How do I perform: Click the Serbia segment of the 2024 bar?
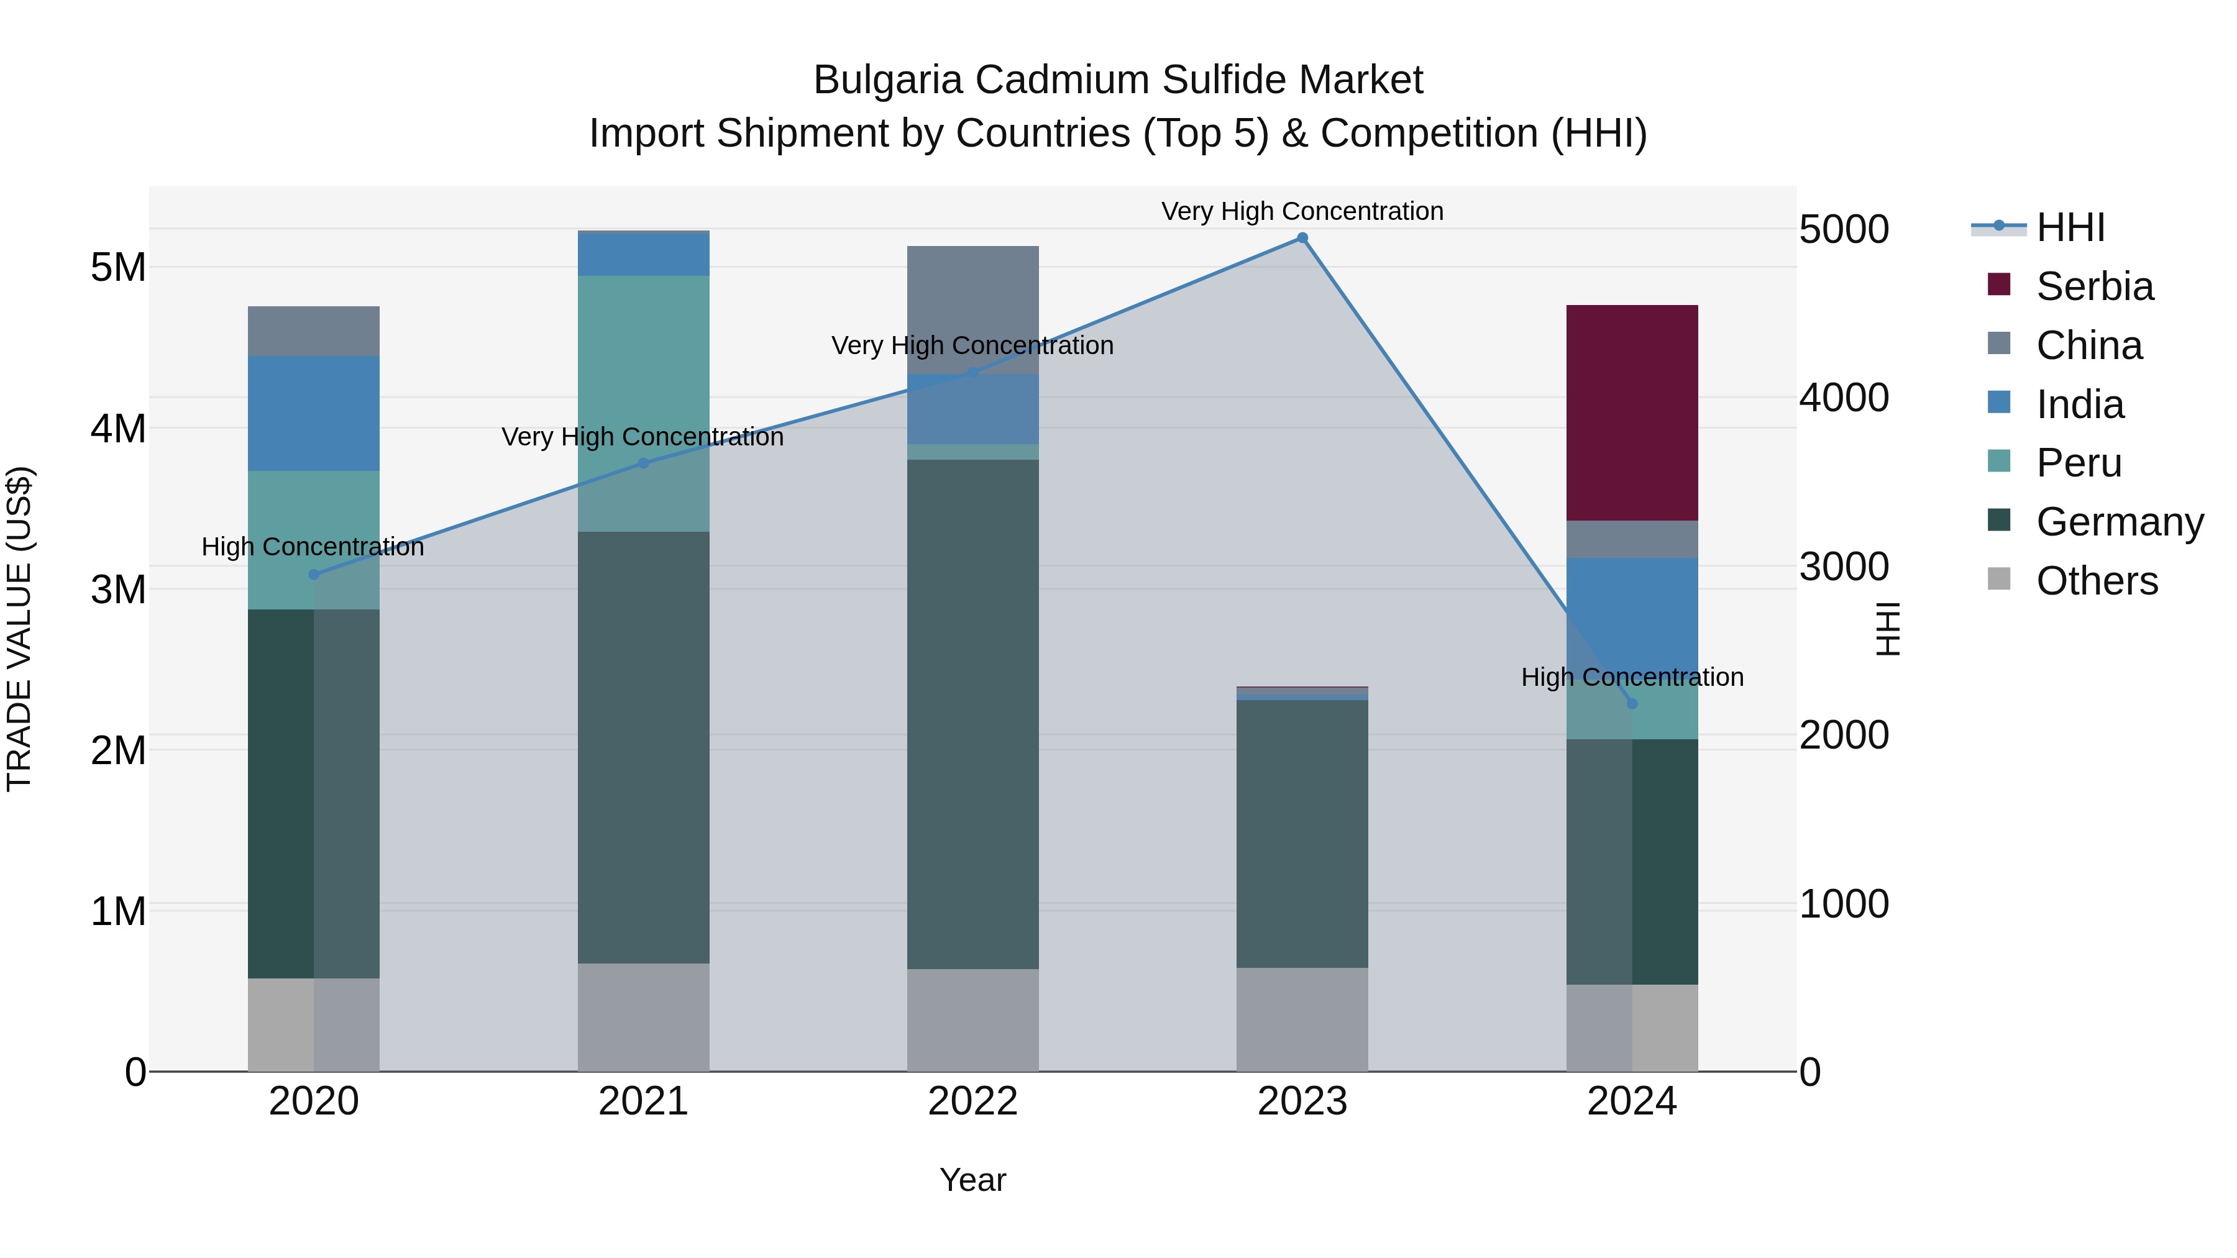tap(1631, 412)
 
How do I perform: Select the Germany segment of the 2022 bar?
tap(972, 714)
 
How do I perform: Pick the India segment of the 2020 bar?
tap(314, 413)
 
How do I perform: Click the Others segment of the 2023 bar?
tap(1302, 1019)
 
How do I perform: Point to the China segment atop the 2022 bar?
tap(972, 309)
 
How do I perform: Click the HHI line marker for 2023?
tap(1302, 238)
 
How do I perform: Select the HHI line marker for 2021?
tap(644, 463)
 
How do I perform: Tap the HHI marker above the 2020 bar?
tap(314, 575)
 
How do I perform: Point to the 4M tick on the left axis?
tap(118, 429)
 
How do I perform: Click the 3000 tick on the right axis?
tap(1844, 567)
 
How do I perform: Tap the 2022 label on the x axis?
tap(972, 1101)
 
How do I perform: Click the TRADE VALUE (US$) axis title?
tap(19, 629)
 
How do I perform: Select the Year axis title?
tap(972, 1180)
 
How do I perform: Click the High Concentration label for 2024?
tap(1632, 677)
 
